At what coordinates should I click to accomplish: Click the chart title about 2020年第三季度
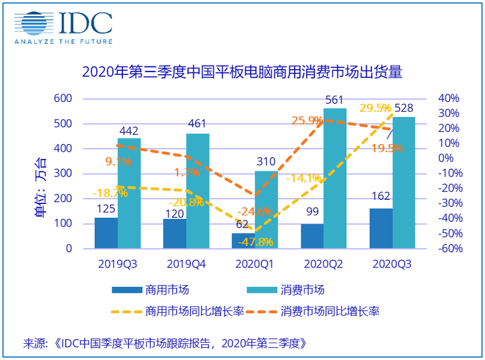(242, 73)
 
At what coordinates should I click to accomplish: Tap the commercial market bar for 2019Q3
(106, 233)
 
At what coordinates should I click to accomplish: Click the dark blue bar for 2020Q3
(381, 229)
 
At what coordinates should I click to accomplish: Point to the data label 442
(128, 130)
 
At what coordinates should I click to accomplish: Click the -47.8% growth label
(256, 242)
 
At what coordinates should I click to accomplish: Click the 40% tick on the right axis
(448, 98)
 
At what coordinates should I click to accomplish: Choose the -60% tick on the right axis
(447, 248)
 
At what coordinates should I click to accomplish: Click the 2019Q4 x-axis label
(185, 263)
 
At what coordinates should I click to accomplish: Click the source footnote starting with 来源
(165, 344)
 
